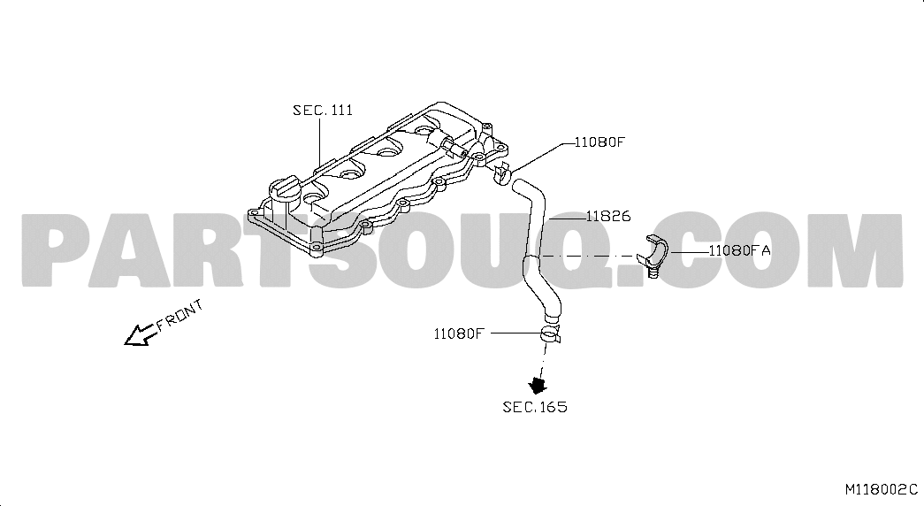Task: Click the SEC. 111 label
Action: (x=323, y=110)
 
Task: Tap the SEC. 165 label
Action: (x=535, y=407)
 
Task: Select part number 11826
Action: (x=608, y=217)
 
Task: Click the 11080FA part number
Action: (x=739, y=250)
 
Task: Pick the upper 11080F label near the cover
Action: (x=599, y=142)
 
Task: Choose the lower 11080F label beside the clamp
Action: (x=459, y=333)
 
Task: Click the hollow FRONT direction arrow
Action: (x=140, y=334)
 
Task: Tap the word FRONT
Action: (x=180, y=316)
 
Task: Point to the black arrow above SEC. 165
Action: (x=538, y=385)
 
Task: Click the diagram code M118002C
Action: (x=882, y=489)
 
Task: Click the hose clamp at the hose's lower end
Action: (x=550, y=335)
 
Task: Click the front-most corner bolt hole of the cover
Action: (x=317, y=247)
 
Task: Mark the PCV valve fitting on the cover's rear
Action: (x=454, y=148)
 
